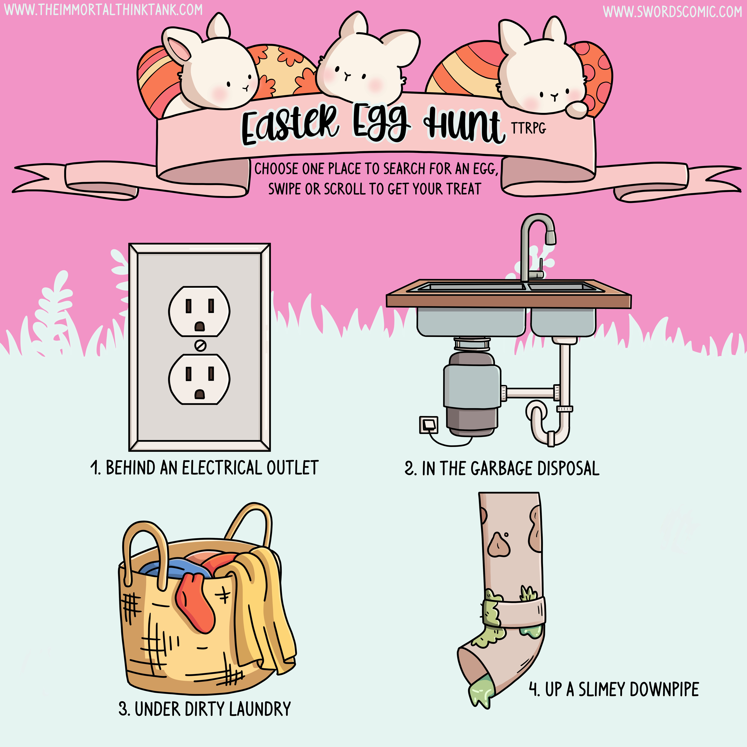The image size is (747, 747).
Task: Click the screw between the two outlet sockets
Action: [x=200, y=345]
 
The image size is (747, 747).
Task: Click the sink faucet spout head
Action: [x=551, y=236]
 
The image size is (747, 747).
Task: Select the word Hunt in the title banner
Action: [x=464, y=124]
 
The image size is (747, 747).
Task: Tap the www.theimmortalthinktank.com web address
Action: [x=103, y=10]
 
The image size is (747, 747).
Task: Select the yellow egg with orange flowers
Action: [x=284, y=70]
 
